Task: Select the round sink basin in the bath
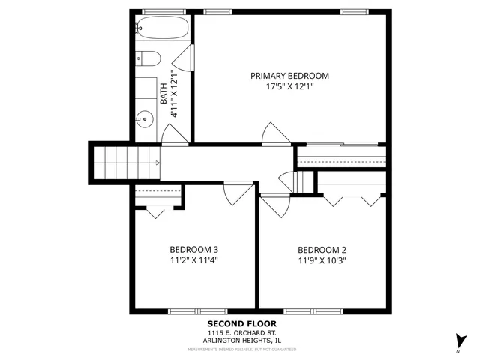click(145, 118)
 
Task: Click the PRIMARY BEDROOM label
click(289, 76)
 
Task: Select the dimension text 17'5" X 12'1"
click(289, 87)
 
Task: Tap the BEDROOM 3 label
click(194, 250)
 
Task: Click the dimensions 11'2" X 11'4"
click(194, 261)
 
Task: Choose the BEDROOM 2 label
click(322, 250)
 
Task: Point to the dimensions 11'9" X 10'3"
click(322, 261)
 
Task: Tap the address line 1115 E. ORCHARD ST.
click(242, 333)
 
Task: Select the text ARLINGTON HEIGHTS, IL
click(242, 341)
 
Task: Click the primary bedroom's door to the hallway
click(273, 133)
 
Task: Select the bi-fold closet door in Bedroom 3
click(155, 211)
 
